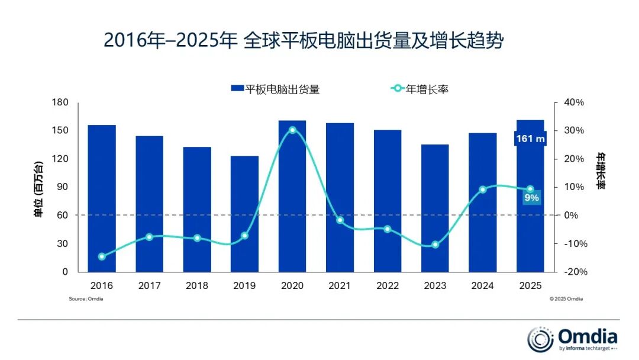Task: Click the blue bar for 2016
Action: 102,198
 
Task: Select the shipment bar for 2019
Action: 244,214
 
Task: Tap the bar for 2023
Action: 435,208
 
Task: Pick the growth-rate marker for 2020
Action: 292,130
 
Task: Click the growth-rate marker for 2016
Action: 102,256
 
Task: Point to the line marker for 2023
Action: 435,245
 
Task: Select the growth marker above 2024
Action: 483,189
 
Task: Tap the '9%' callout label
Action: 531,198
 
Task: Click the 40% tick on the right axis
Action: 573,102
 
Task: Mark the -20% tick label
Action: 573,272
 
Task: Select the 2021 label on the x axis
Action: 340,286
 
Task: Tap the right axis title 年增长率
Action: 601,172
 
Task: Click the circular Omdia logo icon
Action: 540,339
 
